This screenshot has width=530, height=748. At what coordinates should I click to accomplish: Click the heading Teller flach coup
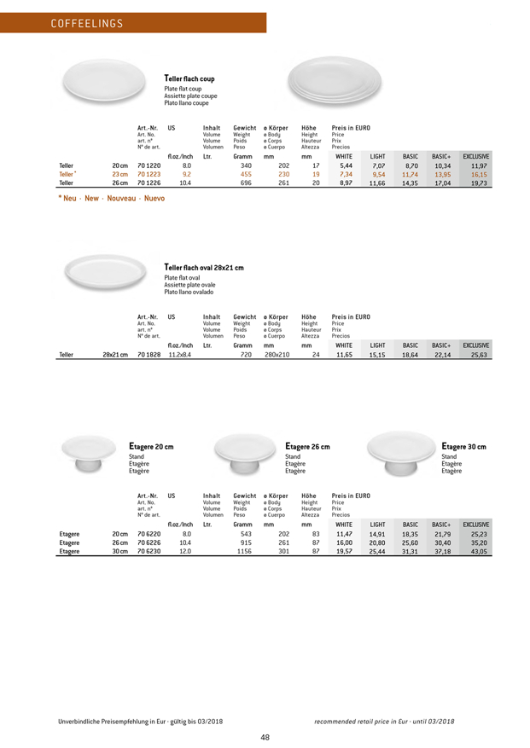tap(189, 78)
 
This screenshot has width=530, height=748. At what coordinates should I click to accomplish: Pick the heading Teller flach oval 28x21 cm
tap(203, 268)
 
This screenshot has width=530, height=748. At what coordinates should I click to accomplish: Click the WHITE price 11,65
tap(344, 354)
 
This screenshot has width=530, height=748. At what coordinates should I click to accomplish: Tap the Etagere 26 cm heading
tap(308, 446)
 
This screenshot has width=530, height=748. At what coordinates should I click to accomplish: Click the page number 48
tap(265, 738)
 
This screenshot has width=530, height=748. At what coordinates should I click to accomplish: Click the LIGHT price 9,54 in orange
tap(378, 173)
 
